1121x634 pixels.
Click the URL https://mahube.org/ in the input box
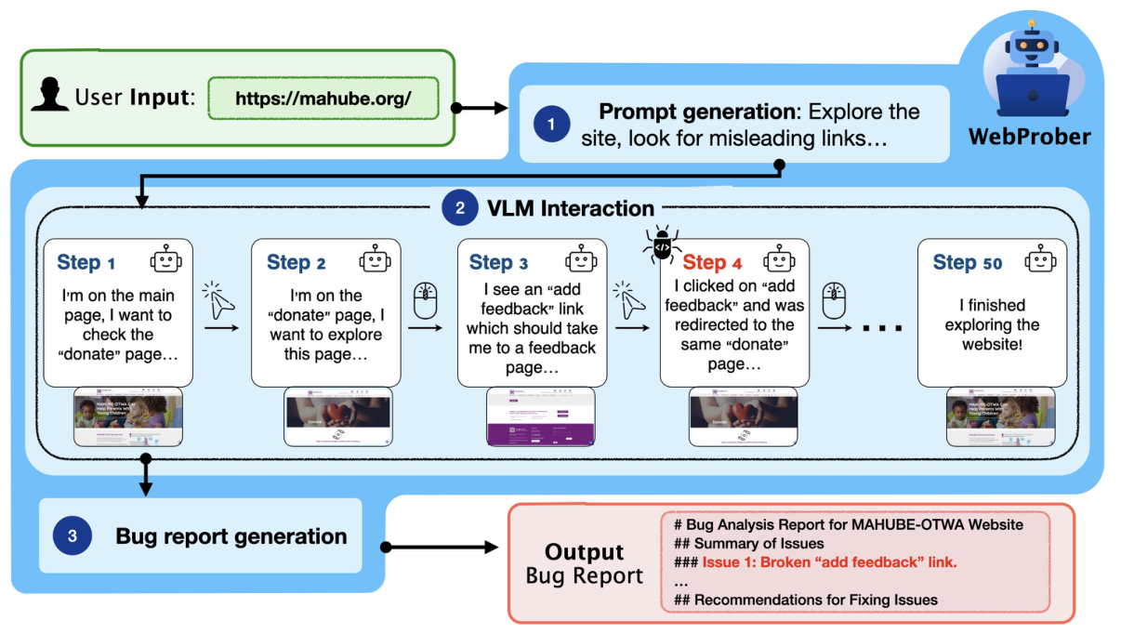tap(323, 99)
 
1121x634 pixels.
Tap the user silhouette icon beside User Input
tap(49, 96)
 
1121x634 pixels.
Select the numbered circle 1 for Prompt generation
tap(551, 124)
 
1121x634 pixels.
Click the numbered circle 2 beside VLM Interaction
tap(459, 208)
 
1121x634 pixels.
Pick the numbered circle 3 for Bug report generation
tap(73, 535)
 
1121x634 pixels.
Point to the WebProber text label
tap(1030, 137)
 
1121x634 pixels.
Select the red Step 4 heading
tap(712, 262)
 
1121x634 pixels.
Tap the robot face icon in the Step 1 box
tap(165, 260)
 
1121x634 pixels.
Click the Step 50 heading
tap(967, 263)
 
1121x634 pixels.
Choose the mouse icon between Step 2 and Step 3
tap(425, 301)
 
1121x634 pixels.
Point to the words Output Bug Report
tap(584, 563)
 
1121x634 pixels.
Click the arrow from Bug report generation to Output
tap(442, 548)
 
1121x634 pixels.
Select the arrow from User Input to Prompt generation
tap(481, 108)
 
